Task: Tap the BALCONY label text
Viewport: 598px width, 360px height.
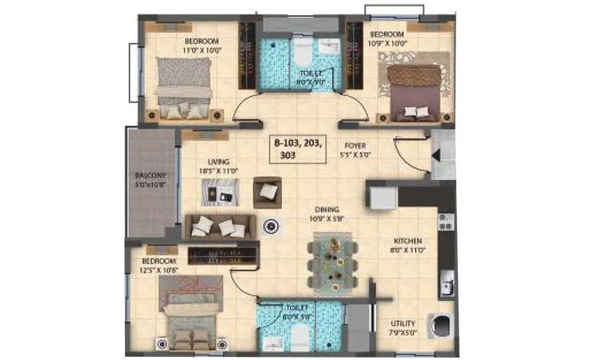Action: coord(150,175)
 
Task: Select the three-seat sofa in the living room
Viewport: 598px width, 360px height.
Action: coord(219,226)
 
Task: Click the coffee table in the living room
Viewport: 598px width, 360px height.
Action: coord(220,192)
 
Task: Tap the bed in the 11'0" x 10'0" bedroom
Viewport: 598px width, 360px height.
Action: coord(184,86)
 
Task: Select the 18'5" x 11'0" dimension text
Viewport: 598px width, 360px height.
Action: coord(219,170)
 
